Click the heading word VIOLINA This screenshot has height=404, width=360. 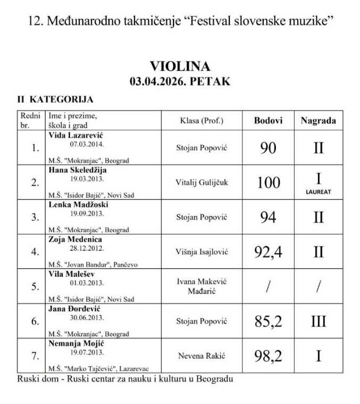point(180,67)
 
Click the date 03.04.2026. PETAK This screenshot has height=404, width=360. point(180,81)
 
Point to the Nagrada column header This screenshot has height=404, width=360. point(318,120)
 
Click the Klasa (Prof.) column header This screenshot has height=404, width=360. point(202,120)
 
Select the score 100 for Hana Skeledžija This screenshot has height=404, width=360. point(268,183)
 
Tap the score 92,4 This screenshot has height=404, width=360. point(268,251)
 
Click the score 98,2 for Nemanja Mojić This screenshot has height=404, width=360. point(268,355)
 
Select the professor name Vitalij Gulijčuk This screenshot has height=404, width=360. point(202,183)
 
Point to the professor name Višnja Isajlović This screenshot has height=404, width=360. point(202,251)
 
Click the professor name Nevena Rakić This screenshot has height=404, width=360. point(202,355)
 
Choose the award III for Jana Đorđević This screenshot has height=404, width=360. point(318,321)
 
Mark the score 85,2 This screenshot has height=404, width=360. point(268,321)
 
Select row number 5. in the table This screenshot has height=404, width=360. point(35,286)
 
